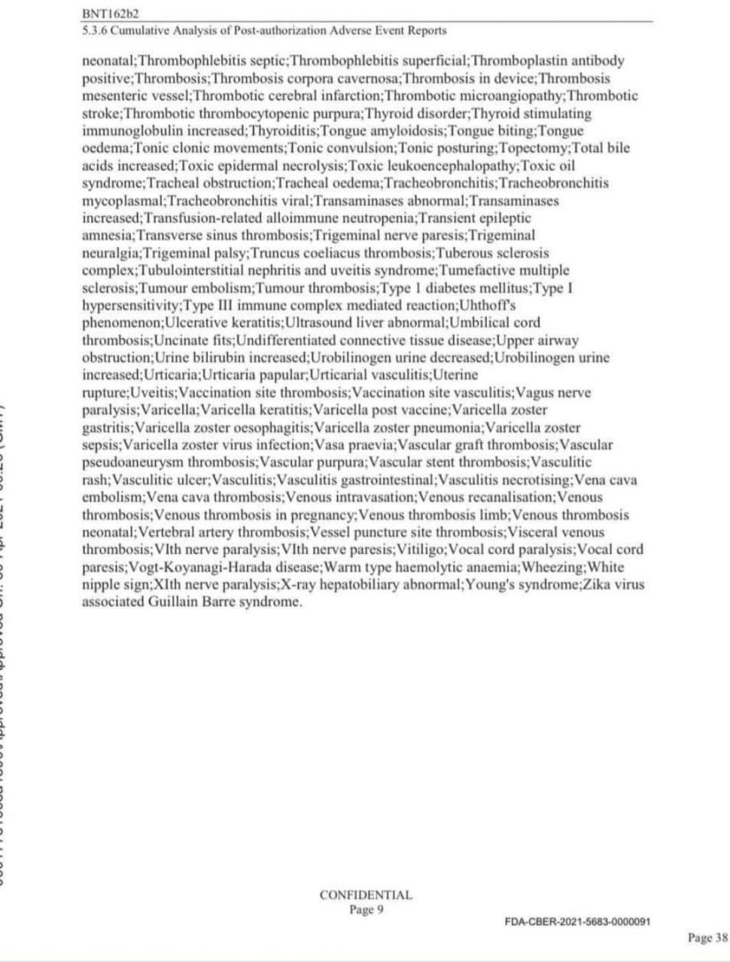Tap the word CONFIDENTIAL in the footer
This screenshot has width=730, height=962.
pyautogui.click(x=365, y=895)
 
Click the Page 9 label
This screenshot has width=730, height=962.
pyautogui.click(x=365, y=909)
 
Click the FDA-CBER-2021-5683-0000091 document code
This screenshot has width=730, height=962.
pyautogui.click(x=578, y=921)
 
